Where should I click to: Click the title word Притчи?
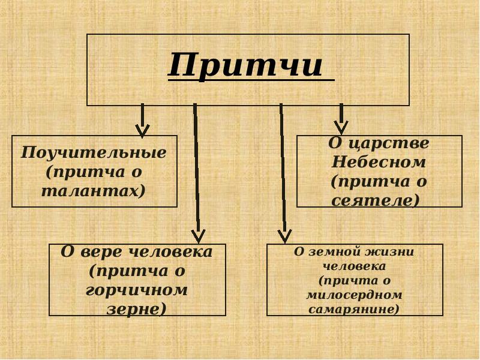click(246, 65)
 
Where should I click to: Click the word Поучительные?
click(94, 152)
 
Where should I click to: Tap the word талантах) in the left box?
click(94, 191)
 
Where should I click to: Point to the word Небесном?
click(379, 162)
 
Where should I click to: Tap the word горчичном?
click(137, 290)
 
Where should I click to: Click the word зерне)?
click(137, 309)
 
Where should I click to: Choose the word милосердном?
click(354, 295)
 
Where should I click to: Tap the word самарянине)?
click(354, 310)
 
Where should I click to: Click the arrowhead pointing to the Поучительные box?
click(142, 130)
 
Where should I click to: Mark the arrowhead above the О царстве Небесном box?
click(341, 127)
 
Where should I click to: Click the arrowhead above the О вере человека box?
click(198, 235)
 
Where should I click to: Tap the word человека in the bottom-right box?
click(354, 266)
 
